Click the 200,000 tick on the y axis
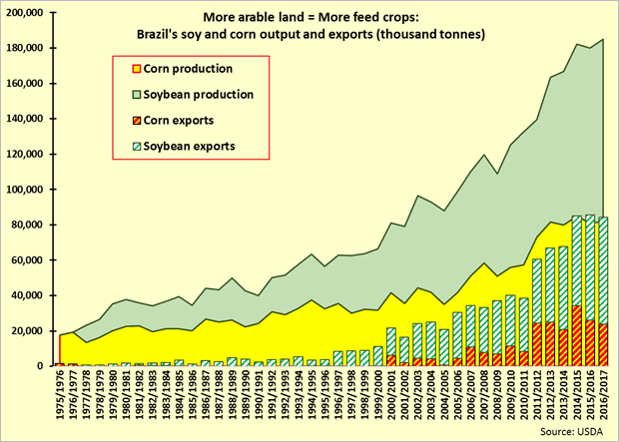27,13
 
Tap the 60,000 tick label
30,259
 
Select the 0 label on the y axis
46,365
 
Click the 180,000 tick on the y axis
27,48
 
